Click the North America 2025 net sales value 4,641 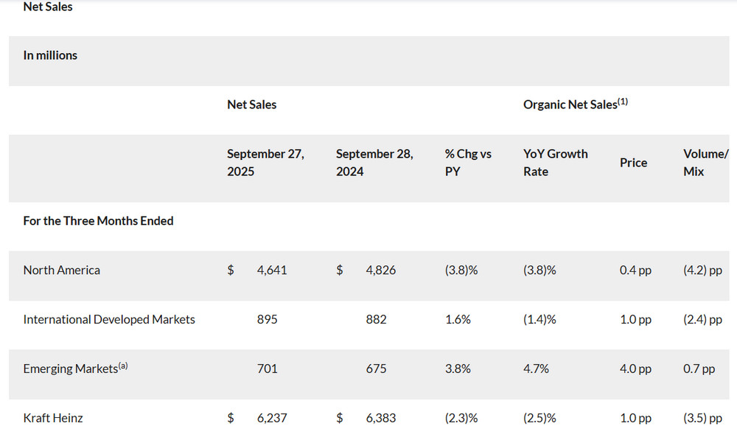[272, 270]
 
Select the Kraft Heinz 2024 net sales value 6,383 [380, 418]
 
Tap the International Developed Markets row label [109, 320]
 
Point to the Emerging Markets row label [71, 369]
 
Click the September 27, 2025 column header [265, 162]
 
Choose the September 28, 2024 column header [374, 162]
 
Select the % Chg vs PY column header [468, 162]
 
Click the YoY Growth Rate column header [556, 162]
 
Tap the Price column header [633, 162]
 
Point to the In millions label [50, 55]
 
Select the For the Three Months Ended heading [98, 221]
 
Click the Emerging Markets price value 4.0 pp [635, 369]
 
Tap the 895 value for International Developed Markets [268, 320]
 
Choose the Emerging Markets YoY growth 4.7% [536, 369]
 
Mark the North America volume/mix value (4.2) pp [702, 270]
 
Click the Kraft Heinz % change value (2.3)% [461, 418]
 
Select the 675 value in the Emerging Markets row [376, 369]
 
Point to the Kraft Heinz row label [53, 418]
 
